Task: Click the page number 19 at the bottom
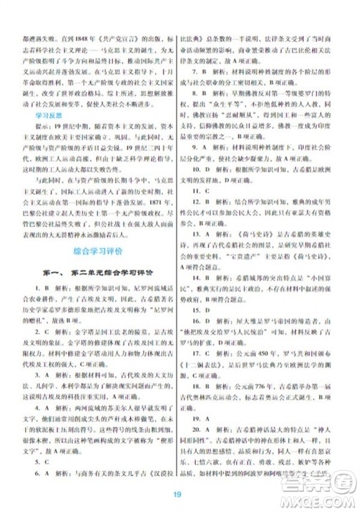180,494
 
